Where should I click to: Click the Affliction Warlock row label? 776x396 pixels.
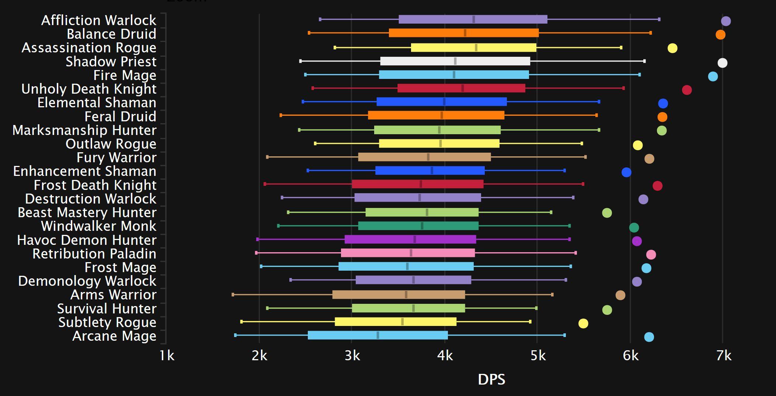98,20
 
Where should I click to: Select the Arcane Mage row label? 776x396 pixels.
114,336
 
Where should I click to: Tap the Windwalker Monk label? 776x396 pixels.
98,226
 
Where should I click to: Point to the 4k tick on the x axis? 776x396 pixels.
445,355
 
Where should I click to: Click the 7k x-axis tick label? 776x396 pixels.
724,355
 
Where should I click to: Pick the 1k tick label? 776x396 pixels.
167,355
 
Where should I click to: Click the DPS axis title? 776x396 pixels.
491,379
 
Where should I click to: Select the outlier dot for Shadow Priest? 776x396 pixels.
722,63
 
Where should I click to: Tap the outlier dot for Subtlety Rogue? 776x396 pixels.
583,323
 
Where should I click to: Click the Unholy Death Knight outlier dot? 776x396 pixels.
687,90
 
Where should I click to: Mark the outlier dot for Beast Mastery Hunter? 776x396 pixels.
607,213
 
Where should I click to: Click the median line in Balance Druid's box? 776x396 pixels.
465,33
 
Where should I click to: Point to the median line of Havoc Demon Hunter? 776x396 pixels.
415,239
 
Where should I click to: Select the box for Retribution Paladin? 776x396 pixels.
408,253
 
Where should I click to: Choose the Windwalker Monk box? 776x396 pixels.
418,226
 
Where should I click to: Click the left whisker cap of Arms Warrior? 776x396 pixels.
233,295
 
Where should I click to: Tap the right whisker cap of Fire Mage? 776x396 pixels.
639,75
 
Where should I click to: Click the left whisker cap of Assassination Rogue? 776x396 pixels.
335,48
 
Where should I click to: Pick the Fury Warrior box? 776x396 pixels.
424,157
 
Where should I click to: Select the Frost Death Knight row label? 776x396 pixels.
95,185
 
